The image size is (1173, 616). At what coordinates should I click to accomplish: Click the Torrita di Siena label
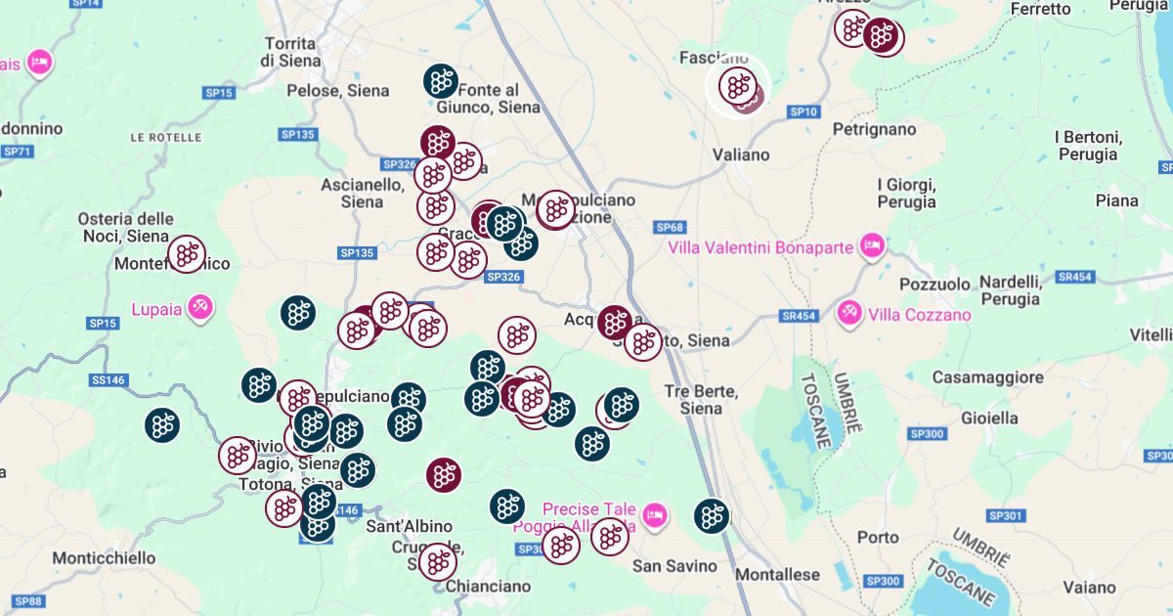tap(288, 51)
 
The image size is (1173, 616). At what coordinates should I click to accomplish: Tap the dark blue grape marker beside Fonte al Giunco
tap(441, 80)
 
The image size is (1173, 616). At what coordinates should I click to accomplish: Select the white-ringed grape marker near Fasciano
tap(738, 86)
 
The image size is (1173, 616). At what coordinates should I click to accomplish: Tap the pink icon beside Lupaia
tap(200, 308)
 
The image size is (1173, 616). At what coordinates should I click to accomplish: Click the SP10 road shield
tap(803, 112)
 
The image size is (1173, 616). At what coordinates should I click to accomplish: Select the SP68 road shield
tap(669, 228)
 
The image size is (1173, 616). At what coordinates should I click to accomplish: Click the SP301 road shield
tap(1005, 515)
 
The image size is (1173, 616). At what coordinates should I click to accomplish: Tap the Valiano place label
tap(741, 154)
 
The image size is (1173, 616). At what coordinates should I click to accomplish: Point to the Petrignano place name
tap(875, 129)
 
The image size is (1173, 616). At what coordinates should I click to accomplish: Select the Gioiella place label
tap(989, 418)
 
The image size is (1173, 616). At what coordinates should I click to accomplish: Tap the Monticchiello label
tap(104, 557)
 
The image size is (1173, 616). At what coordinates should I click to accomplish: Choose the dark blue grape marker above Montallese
tap(712, 516)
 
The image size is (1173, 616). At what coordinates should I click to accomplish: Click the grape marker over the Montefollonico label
tap(186, 254)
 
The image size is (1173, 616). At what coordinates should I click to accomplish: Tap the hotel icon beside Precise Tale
tap(654, 512)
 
